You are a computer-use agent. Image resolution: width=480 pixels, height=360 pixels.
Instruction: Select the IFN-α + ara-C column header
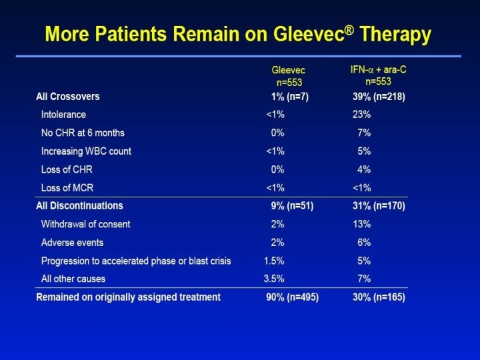377,75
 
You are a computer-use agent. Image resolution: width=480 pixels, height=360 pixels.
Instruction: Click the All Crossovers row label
68,97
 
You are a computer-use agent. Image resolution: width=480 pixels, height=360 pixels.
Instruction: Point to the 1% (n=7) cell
290,97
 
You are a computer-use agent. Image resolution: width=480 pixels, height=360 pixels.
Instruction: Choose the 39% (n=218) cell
379,97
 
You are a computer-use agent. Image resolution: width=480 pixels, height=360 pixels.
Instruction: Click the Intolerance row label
63,115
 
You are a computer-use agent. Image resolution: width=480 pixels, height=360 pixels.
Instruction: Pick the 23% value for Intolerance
361,115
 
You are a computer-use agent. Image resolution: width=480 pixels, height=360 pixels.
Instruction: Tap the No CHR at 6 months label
83,133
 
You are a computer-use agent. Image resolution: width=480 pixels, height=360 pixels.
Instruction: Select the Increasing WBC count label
86,151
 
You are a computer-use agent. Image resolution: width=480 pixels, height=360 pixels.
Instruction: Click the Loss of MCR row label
67,188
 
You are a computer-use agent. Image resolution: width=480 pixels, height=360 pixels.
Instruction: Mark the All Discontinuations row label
79,206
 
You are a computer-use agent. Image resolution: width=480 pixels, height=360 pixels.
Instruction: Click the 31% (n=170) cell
379,206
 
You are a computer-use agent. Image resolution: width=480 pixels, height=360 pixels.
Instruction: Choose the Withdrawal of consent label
86,224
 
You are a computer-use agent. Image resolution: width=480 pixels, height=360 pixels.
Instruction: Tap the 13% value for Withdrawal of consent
361,224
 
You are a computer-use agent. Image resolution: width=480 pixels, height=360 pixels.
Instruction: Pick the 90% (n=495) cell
292,297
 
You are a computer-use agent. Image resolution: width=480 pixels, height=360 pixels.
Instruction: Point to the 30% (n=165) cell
379,297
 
